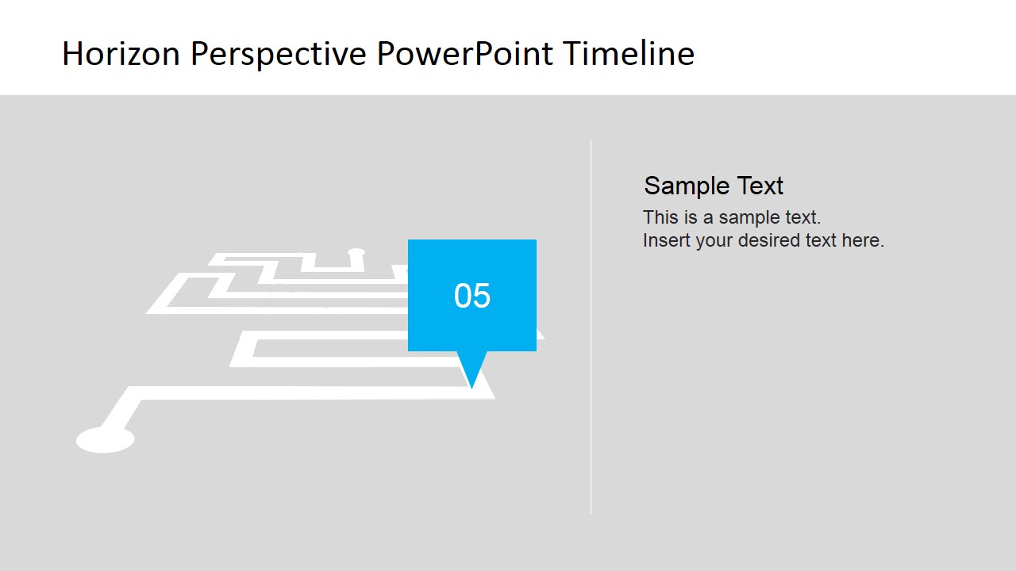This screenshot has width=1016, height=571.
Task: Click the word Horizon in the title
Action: point(121,53)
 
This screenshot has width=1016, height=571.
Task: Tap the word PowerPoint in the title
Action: point(465,53)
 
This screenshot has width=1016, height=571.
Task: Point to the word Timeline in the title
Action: point(629,53)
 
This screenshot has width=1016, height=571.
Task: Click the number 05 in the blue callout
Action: point(472,296)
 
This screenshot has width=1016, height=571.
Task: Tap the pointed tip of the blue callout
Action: point(471,389)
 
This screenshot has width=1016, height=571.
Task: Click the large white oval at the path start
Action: point(106,439)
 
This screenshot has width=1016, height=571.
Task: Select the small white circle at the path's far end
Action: point(356,252)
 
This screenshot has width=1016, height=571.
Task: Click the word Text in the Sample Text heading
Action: point(760,186)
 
